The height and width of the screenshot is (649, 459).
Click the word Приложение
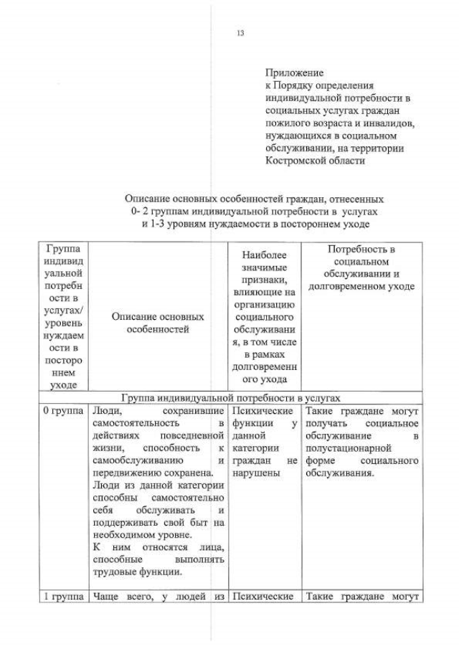[294, 72]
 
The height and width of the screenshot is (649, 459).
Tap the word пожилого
[287, 123]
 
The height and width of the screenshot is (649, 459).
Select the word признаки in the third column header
[265, 280]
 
